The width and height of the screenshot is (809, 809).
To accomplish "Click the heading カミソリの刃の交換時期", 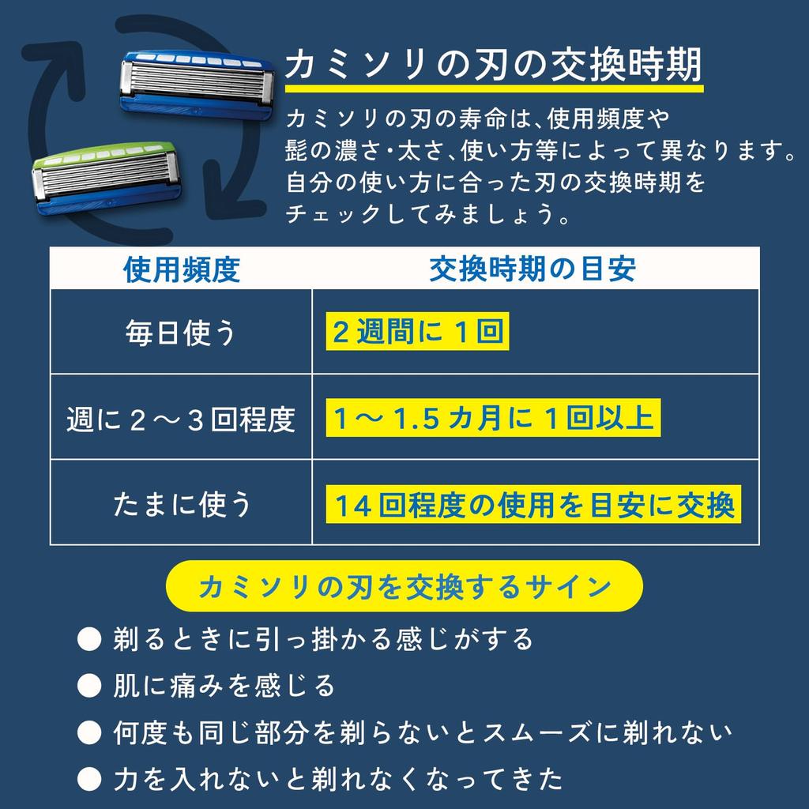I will click(492, 66).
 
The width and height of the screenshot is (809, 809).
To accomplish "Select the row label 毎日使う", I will click(181, 333).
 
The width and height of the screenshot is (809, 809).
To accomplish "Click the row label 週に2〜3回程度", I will click(181, 420).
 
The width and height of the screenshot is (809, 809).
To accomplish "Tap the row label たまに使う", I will click(181, 504).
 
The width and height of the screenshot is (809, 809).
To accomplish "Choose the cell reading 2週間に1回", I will click(418, 333).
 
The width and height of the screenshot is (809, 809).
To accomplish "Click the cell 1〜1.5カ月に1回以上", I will click(494, 420).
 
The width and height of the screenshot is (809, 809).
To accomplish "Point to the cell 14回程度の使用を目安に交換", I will click(534, 506).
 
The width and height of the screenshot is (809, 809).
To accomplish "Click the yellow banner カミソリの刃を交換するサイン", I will click(404, 586).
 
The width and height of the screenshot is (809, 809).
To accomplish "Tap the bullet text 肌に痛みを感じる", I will click(224, 685).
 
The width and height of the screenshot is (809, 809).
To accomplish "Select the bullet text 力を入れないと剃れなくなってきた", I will click(338, 779).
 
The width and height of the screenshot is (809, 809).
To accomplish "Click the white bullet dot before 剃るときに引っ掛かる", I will click(89, 638).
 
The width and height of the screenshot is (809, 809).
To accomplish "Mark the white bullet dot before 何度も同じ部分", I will click(89, 732).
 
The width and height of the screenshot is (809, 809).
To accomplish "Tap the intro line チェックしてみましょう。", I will click(427, 215).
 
